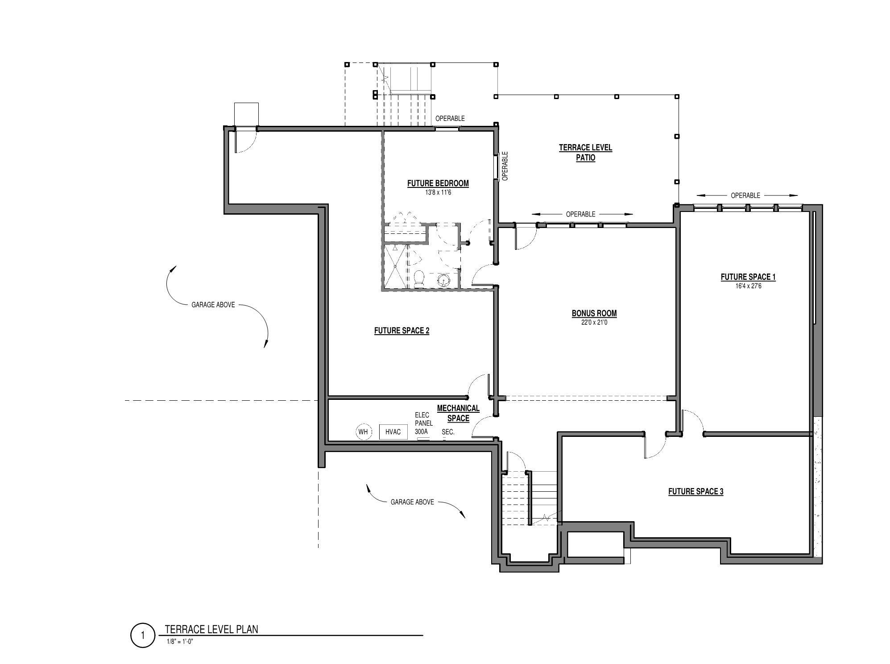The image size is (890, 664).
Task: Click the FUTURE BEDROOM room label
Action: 438,183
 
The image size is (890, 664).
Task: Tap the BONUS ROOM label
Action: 594,313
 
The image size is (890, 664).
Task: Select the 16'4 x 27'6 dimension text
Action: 748,286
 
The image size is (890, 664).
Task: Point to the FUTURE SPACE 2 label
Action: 402,331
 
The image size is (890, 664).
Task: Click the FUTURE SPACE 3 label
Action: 695,491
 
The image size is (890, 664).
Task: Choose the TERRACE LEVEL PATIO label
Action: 585,152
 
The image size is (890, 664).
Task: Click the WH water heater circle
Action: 363,432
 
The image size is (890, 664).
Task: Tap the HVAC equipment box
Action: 393,432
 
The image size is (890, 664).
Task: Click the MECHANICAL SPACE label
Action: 458,413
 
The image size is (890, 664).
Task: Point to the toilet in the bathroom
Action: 419,278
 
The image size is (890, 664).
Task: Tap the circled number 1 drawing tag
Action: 143,635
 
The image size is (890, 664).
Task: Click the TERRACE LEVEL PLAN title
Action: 211,629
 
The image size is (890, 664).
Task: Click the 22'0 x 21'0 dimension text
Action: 594,322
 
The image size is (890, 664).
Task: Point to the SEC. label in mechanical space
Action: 448,432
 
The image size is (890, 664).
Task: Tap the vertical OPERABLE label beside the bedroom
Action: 505,166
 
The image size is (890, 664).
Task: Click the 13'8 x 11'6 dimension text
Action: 438,192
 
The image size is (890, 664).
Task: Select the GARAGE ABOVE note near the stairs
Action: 412,502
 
